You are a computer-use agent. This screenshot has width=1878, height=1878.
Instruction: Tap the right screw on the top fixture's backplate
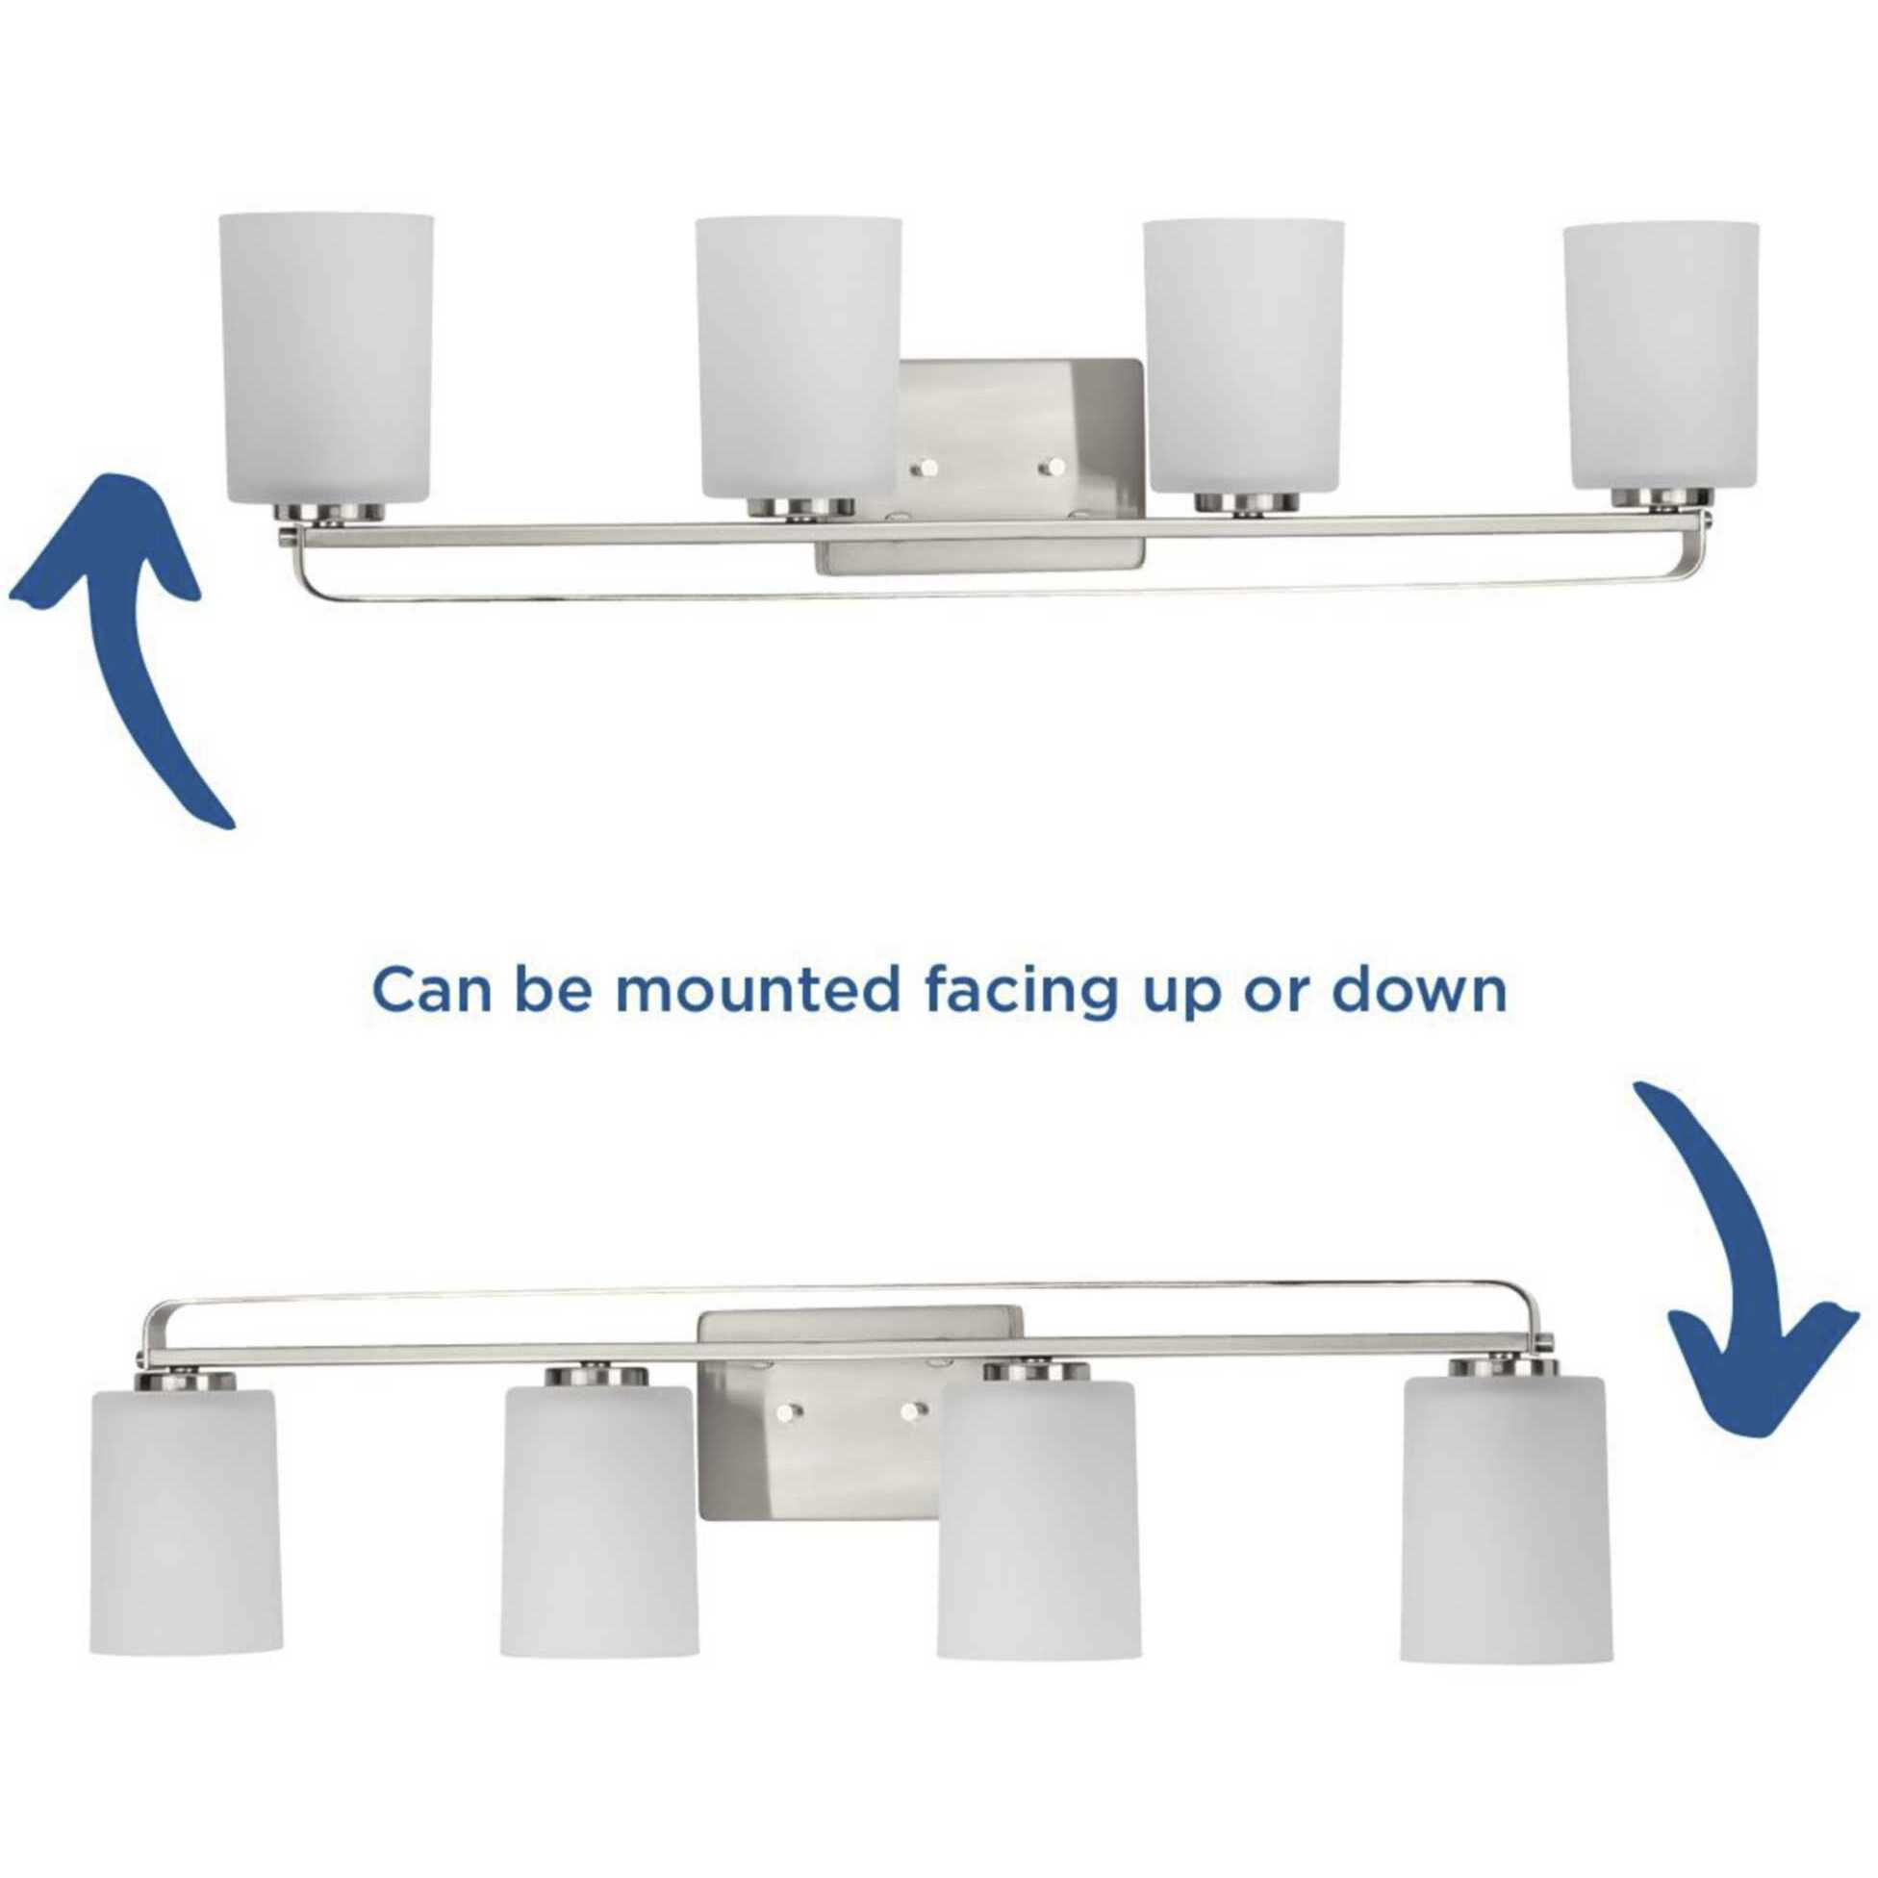pyautogui.click(x=1048, y=468)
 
